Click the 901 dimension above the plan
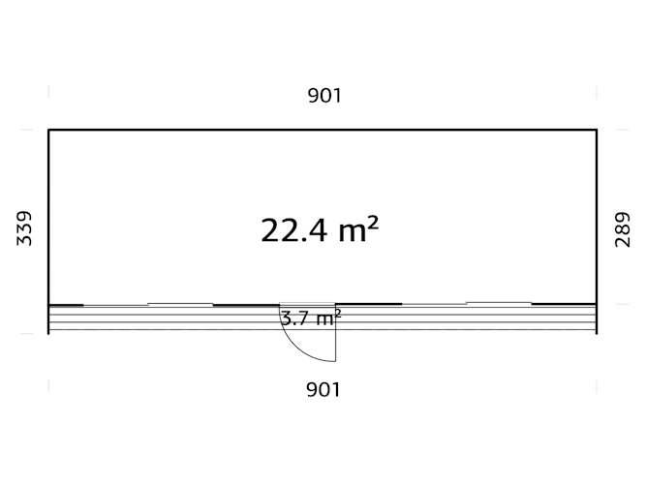click(x=324, y=96)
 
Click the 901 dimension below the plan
click(x=323, y=389)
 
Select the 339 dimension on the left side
click(x=24, y=228)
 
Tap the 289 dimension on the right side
click(x=622, y=229)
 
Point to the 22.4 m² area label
click(x=320, y=229)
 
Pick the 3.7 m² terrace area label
click(x=311, y=318)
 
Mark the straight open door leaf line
click(x=336, y=333)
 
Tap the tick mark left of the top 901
click(x=48, y=91)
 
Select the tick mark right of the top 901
click(x=597, y=91)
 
